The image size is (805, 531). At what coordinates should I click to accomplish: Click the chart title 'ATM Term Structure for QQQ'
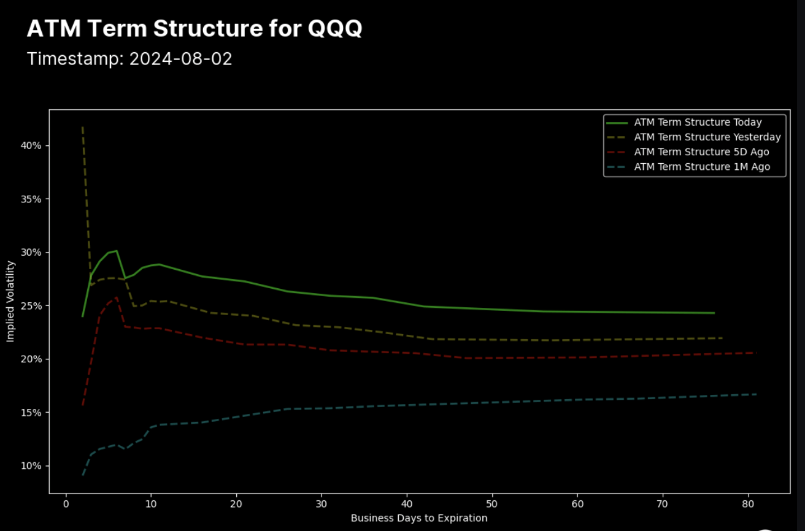point(194,29)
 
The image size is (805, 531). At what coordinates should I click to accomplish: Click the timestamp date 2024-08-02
point(180,59)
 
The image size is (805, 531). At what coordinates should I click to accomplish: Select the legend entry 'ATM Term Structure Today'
point(698,123)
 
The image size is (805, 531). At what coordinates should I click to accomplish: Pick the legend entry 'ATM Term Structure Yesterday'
point(707,137)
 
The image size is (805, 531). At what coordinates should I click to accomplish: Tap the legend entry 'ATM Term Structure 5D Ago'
point(701,152)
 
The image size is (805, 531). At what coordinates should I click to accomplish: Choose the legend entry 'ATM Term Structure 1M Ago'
point(701,167)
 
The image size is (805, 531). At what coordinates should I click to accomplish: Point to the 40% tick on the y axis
point(31,146)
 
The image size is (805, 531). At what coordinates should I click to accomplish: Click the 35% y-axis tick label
point(31,199)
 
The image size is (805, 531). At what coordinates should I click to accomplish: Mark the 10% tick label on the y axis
point(31,466)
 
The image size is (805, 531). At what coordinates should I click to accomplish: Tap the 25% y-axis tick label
point(31,306)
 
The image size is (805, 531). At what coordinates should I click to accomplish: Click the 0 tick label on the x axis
point(66,504)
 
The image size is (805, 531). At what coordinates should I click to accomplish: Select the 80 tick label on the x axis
point(747,504)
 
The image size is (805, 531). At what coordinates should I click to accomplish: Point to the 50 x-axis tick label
point(492,504)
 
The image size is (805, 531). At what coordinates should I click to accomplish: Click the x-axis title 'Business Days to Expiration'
point(419,518)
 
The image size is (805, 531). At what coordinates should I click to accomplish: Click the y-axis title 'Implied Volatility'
point(11,301)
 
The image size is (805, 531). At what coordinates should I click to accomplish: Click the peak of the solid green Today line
point(117,250)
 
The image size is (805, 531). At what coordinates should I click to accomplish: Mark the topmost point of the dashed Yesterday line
point(83,127)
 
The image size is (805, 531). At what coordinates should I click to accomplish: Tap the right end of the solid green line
point(714,313)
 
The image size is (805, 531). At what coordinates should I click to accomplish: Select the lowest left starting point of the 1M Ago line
point(83,475)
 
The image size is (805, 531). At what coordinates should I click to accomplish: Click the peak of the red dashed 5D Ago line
point(117,297)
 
